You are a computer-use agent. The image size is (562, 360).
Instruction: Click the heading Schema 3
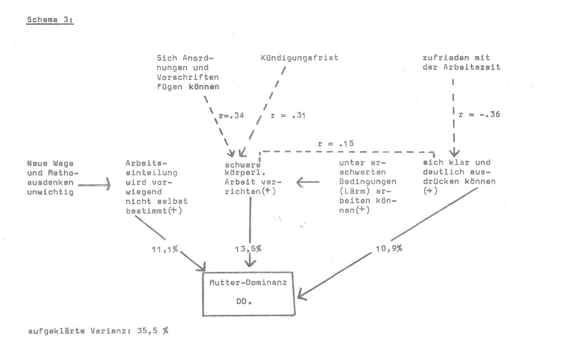pyautogui.click(x=50, y=20)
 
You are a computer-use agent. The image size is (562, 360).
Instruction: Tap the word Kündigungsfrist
pyautogui.click(x=299, y=58)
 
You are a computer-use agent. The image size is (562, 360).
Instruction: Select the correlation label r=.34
pyautogui.click(x=231, y=116)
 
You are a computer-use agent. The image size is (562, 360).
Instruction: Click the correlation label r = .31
pyautogui.click(x=288, y=116)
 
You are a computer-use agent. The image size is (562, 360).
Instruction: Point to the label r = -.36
pyautogui.click(x=480, y=114)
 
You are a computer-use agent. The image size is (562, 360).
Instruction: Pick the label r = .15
pyautogui.click(x=336, y=144)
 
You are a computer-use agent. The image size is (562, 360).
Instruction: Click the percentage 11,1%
pyautogui.click(x=165, y=249)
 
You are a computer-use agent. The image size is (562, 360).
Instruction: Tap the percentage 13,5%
pyautogui.click(x=248, y=249)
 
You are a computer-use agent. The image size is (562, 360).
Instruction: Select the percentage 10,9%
pyautogui.click(x=389, y=248)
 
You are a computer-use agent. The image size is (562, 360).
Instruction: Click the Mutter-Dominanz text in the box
pyautogui.click(x=248, y=283)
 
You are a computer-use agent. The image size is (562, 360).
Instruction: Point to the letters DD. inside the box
pyautogui.click(x=244, y=301)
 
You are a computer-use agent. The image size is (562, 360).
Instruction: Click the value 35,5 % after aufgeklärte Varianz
pyautogui.click(x=152, y=331)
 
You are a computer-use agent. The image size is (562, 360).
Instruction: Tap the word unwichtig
pyautogui.click(x=50, y=192)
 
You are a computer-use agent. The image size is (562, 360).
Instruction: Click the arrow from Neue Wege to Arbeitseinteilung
pyautogui.click(x=94, y=185)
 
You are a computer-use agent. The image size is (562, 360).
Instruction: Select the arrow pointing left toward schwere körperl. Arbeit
pyautogui.click(x=308, y=182)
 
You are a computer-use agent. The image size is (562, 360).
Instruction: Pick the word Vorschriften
pyautogui.click(x=188, y=77)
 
